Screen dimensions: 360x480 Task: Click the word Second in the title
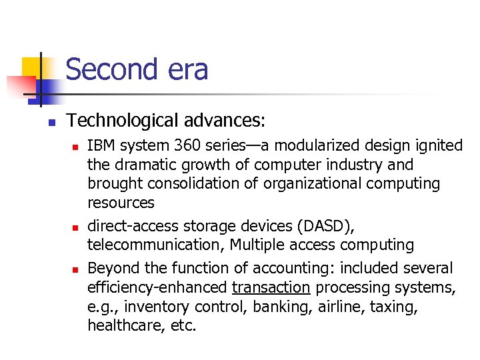click(x=112, y=70)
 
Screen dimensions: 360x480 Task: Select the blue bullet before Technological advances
click(x=51, y=122)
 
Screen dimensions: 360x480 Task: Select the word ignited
click(x=438, y=145)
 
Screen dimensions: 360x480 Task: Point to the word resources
click(x=121, y=203)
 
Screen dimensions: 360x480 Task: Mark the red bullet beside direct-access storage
click(x=75, y=227)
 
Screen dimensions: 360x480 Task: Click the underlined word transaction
click(x=271, y=288)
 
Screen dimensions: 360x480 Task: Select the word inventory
click(x=157, y=307)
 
